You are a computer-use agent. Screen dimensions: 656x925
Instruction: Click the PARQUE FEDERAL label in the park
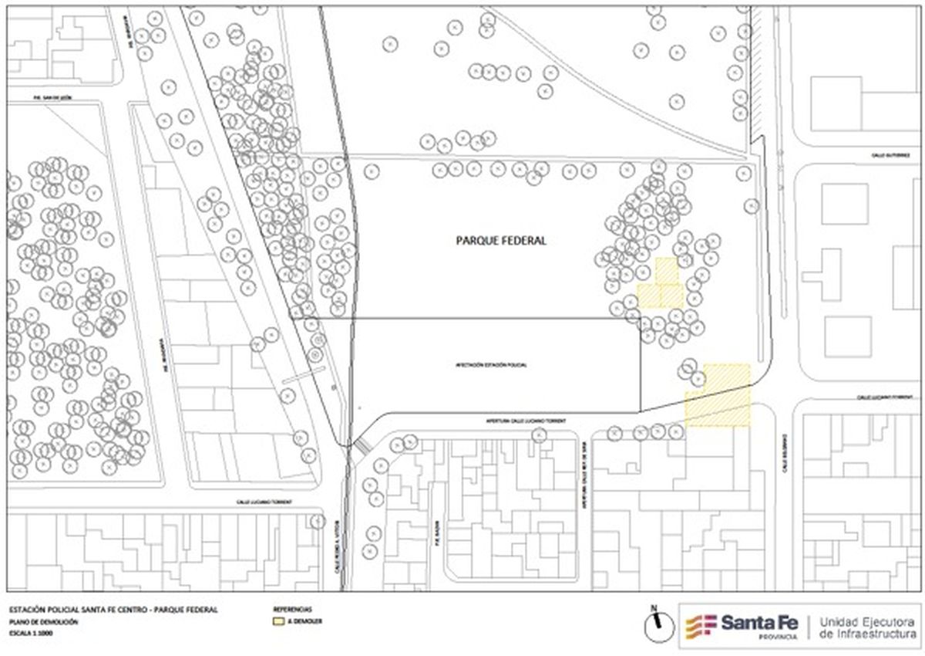pos(501,241)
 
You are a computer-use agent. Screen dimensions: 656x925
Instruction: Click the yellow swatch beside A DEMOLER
pos(278,620)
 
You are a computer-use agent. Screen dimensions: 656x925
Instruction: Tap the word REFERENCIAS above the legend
pos(292,609)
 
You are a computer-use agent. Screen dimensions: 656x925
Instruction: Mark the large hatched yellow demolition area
pos(718,395)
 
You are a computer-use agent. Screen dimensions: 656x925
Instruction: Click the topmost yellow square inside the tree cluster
pos(667,271)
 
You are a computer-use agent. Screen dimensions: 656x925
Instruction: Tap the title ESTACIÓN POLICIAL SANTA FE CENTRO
pos(112,610)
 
